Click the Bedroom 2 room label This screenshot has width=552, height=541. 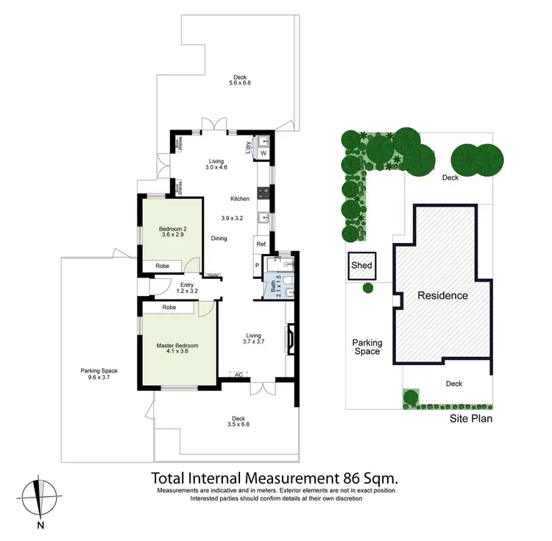(173, 230)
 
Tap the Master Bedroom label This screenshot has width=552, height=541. (177, 345)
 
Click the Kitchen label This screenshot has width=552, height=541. (240, 199)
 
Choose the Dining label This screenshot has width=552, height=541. (219, 238)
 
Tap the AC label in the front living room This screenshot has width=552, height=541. (238, 374)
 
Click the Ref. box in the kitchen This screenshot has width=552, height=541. (261, 244)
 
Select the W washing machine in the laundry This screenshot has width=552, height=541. (263, 153)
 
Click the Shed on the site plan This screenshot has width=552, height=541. (361, 266)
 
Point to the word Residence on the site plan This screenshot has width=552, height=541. (442, 296)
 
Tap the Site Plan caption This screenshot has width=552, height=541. (471, 419)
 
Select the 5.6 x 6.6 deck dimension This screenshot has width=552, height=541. (240, 83)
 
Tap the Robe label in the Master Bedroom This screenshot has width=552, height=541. (169, 307)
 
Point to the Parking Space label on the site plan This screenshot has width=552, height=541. (367, 347)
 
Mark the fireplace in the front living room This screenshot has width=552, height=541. (291, 341)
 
